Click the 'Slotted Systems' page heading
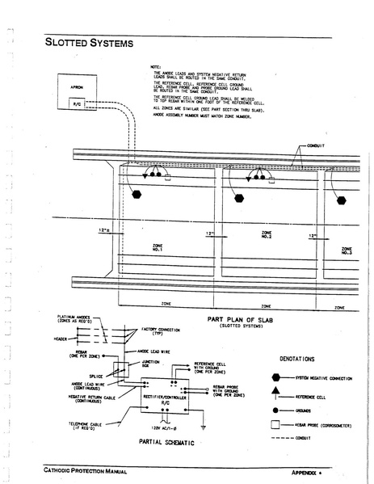click(x=89, y=42)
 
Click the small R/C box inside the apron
click(x=78, y=103)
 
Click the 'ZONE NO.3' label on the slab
click(x=347, y=251)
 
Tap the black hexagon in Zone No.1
click(x=137, y=195)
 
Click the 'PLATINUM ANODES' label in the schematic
click(x=78, y=318)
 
